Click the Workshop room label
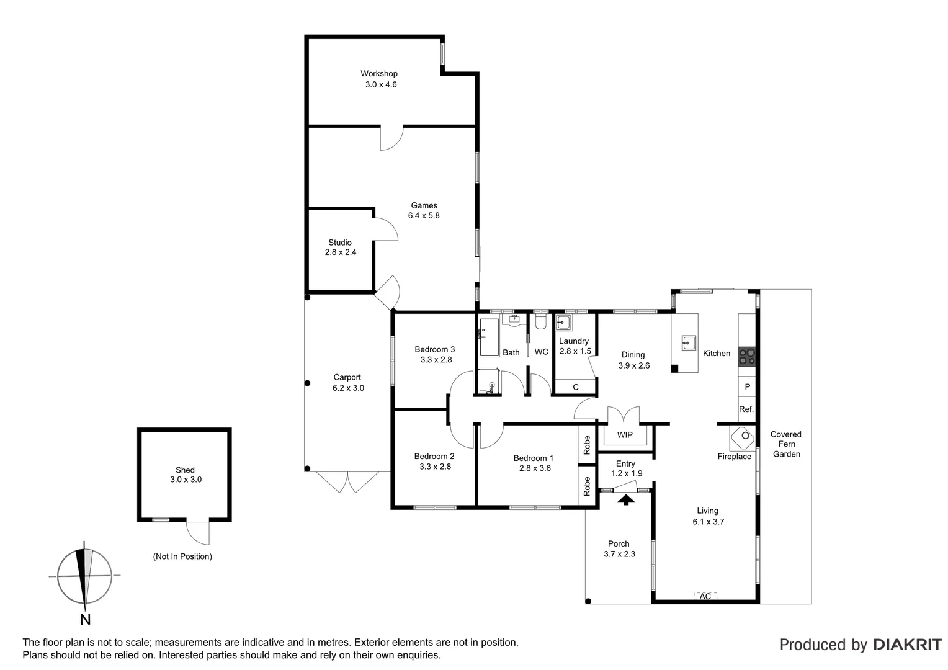379,74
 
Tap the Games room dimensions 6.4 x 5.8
424,216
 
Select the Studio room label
340,243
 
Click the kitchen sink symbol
688,342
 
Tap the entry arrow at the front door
627,499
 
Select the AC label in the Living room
705,597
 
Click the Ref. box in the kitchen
746,409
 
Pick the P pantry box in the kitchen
747,387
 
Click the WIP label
625,435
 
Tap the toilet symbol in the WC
540,322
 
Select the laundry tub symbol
563,323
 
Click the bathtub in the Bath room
489,337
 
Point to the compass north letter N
86,619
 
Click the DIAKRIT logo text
907,645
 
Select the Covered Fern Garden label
786,444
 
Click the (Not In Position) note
182,556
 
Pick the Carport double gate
347,482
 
